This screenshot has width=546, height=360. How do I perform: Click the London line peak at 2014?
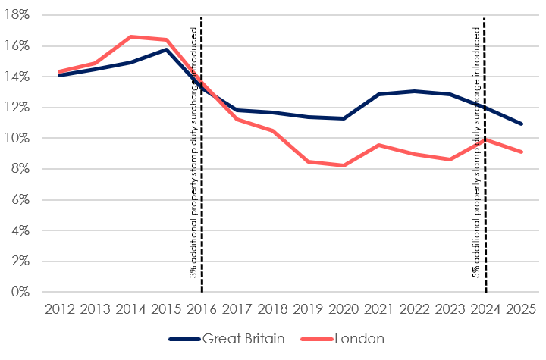pyautogui.click(x=130, y=36)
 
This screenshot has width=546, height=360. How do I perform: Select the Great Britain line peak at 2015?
pyautogui.click(x=166, y=49)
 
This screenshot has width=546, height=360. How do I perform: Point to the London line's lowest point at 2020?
pyautogui.click(x=344, y=165)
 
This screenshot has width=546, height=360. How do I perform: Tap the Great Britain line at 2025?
pyautogui.click(x=521, y=124)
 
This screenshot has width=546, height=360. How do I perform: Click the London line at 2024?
pyautogui.click(x=485, y=139)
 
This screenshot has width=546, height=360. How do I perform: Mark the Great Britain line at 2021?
pyautogui.click(x=379, y=94)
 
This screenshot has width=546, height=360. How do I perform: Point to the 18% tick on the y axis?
pyautogui.click(x=17, y=15)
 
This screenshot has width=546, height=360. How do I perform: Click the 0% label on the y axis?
pyautogui.click(x=20, y=292)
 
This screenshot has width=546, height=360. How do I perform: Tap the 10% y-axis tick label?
pyautogui.click(x=17, y=138)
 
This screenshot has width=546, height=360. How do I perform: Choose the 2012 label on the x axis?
pyautogui.click(x=60, y=309)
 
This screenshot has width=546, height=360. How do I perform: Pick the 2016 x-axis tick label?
pyautogui.click(x=202, y=309)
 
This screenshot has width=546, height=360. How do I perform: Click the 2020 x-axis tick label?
pyautogui.click(x=344, y=309)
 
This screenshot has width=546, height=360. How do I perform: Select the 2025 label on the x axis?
pyautogui.click(x=521, y=309)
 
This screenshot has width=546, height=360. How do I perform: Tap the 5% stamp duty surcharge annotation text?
pyautogui.click(x=477, y=152)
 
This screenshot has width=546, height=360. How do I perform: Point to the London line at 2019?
pyautogui.click(x=308, y=161)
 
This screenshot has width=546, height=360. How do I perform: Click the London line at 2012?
pyautogui.click(x=60, y=71)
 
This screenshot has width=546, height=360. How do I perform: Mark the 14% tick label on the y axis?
pyautogui.click(x=17, y=77)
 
